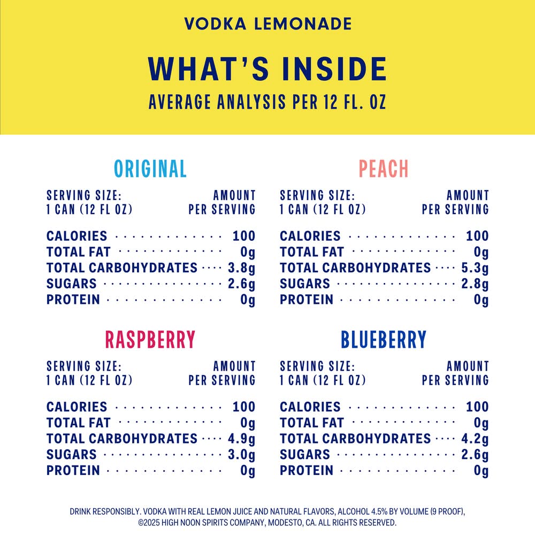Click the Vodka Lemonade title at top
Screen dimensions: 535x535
pos(267,24)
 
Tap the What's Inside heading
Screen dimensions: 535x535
pos(267,68)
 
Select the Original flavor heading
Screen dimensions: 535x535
pos(150,169)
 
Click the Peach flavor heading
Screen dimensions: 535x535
pos(384,169)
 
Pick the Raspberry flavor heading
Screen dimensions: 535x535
pos(150,340)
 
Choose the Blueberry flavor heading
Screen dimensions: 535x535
pos(384,340)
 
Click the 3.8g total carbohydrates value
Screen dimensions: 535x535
pos(241,268)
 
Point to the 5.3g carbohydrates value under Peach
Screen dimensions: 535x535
pos(475,268)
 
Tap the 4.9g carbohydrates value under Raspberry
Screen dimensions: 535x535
pos(241,439)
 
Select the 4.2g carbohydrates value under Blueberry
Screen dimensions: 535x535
pos(475,439)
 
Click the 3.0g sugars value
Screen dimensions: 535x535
pos(241,455)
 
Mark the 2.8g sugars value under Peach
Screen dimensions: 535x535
pos(475,284)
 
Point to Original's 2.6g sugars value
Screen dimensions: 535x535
pos(241,284)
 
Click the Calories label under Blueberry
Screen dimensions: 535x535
pos(310,407)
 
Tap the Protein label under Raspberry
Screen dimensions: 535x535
pos(73,471)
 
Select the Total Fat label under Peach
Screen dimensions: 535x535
pos(312,252)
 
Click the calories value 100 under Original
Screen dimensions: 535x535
pos(244,236)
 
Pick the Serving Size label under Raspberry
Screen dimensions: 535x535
pos(84,366)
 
